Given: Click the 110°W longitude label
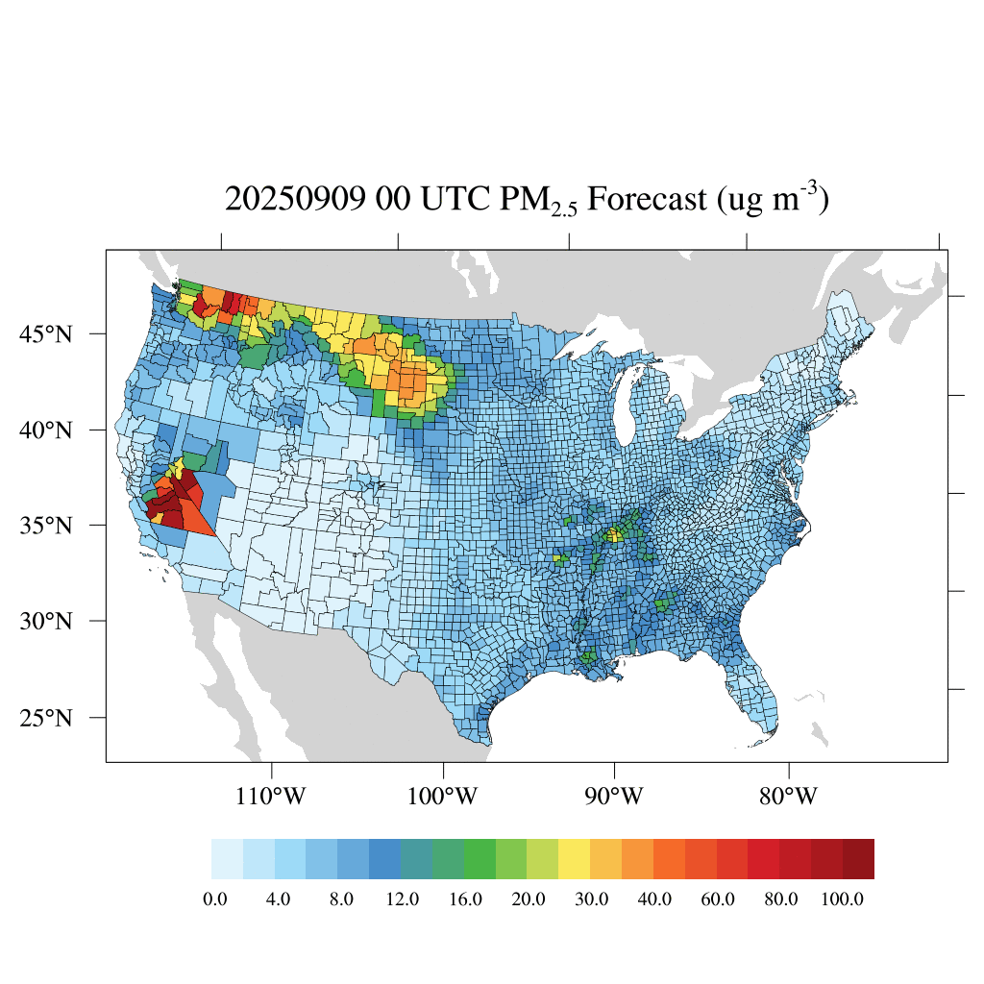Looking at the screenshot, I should [x=272, y=797].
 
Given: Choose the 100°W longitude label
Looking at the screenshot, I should [x=443, y=797].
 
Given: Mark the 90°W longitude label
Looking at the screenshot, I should [x=615, y=797].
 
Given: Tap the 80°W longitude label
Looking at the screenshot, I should [x=788, y=797].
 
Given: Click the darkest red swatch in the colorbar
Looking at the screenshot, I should [x=858, y=859].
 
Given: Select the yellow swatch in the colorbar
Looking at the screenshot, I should [x=575, y=859].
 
